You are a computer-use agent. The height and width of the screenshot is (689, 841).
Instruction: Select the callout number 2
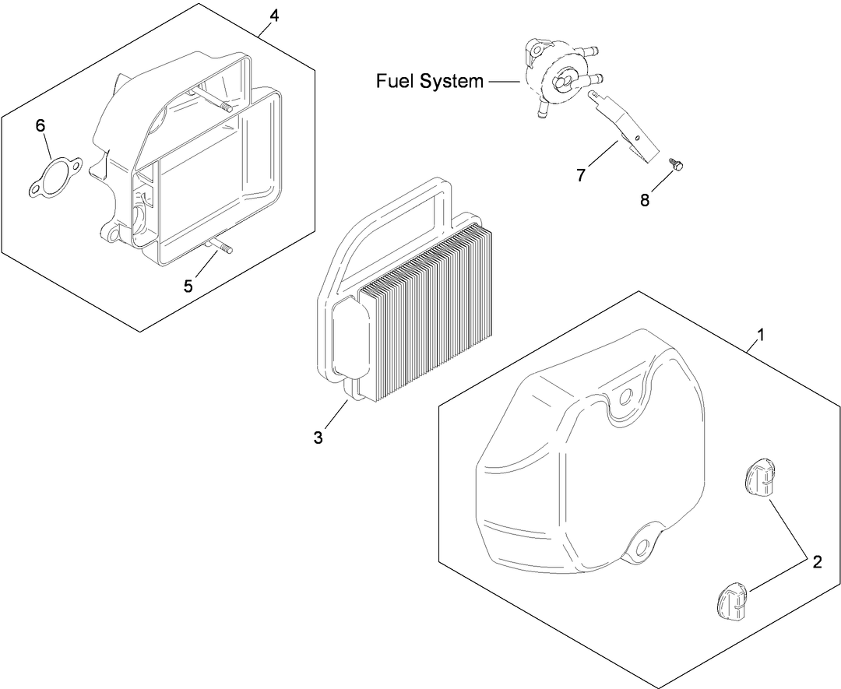pos(817,562)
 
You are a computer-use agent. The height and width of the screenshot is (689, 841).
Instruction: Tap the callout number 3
pos(318,438)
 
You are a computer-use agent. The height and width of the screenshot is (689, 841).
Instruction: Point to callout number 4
pos(273,15)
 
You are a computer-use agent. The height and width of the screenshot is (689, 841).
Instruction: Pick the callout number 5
pos(188,286)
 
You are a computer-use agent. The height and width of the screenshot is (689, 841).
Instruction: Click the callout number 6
pos(41,126)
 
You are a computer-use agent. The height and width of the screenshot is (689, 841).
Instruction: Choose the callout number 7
pos(581,175)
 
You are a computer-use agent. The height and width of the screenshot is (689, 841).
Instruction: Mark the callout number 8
pos(645,199)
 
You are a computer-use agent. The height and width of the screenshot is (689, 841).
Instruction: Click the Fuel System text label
pos(430,81)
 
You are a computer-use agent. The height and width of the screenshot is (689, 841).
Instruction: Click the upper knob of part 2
pos(758,477)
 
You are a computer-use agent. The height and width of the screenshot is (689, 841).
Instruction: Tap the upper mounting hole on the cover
pos(624,398)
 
